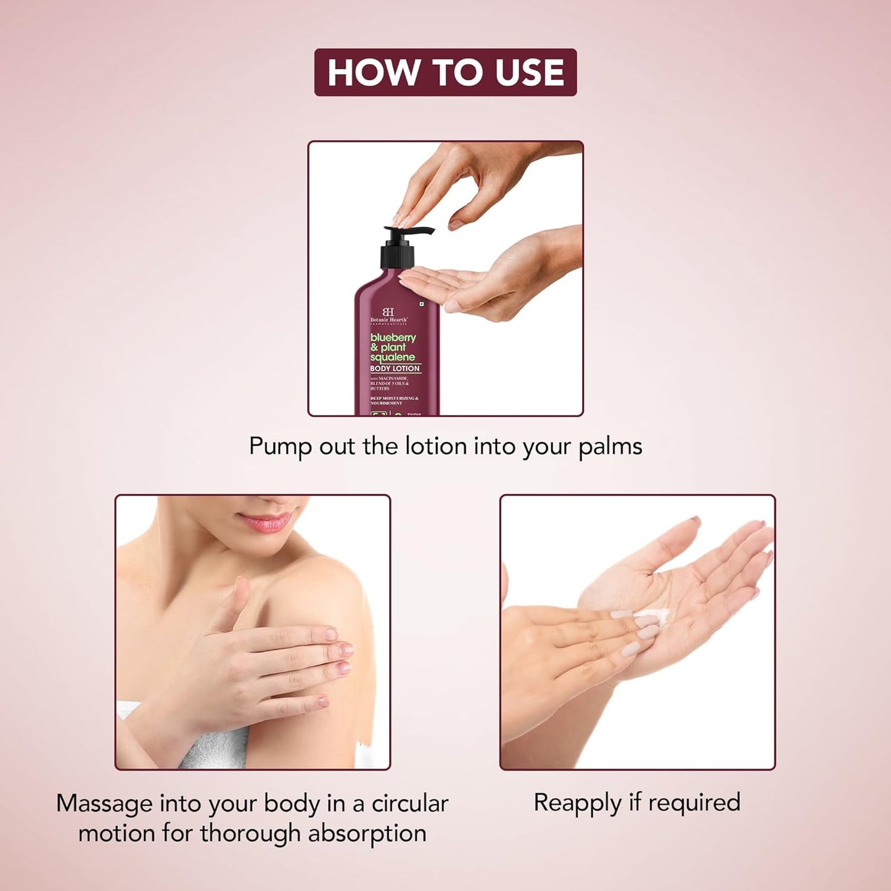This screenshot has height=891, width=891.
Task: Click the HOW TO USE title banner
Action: (445, 72)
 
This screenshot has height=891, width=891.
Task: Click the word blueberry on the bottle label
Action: (393, 338)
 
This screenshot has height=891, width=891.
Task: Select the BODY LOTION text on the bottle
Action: (395, 369)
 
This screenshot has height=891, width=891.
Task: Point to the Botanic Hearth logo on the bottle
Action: (388, 315)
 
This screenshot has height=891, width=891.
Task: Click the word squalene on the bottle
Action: (393, 358)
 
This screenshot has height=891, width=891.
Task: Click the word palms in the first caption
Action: (610, 446)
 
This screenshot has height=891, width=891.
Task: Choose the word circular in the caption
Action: (409, 803)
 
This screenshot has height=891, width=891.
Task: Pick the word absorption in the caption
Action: (367, 834)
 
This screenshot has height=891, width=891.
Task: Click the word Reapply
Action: (577, 803)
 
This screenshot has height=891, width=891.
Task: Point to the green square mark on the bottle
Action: (422, 305)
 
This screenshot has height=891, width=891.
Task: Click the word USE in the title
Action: (530, 72)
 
